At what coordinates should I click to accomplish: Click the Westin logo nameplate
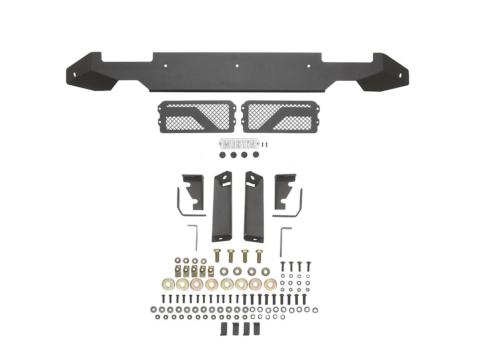[x=239, y=144]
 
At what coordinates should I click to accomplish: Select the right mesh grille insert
[x=281, y=116]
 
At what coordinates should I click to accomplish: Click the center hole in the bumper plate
[x=237, y=65]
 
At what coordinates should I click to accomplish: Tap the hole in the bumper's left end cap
[x=75, y=74]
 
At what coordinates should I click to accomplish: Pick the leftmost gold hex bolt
[x=217, y=256]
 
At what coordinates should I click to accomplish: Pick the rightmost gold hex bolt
[x=259, y=256]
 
